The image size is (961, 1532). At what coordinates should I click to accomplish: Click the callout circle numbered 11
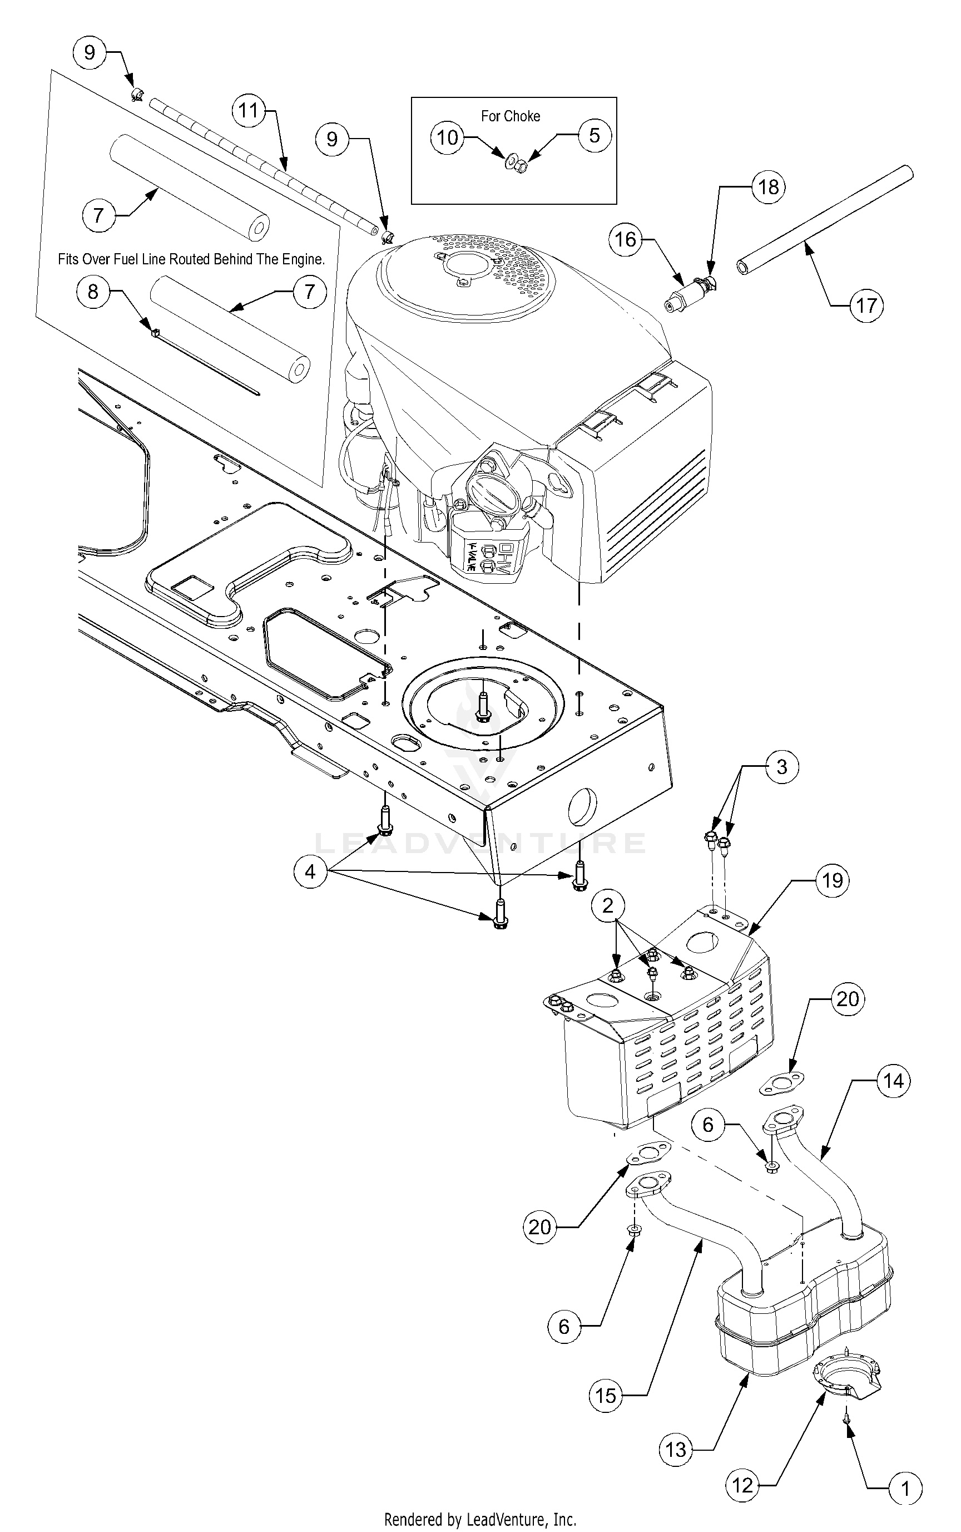coord(248,111)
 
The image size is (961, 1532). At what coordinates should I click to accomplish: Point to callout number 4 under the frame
coord(310,871)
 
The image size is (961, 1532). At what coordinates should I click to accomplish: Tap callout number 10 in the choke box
coord(448,137)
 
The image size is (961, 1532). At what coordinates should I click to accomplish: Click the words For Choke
coord(511,116)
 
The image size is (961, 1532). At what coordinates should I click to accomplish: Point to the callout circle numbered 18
coord(769,187)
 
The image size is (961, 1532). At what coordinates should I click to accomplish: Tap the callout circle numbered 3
coord(782,767)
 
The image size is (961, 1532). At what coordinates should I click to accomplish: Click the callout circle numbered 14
coord(893,1081)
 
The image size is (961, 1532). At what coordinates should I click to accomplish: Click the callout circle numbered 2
coord(608,905)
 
